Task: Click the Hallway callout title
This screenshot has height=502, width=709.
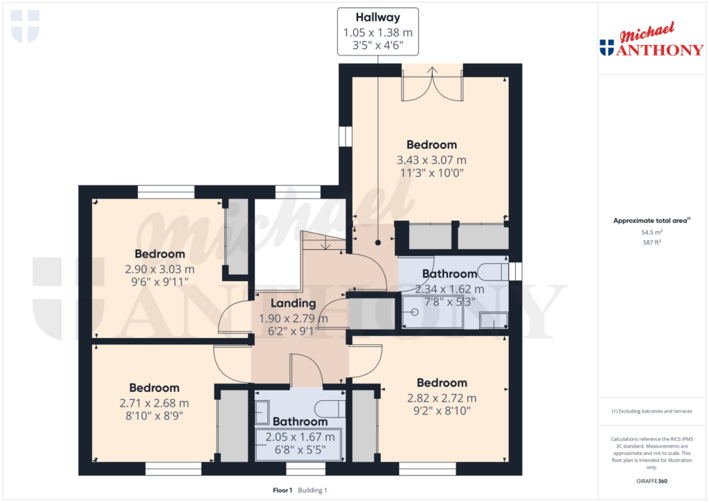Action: click(377, 17)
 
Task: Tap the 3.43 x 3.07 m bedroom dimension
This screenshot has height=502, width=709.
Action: click(431, 160)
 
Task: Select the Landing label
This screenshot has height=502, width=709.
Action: click(293, 303)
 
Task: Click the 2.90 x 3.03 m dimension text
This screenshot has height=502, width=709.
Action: click(160, 269)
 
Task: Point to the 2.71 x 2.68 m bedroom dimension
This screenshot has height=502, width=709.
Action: click(154, 403)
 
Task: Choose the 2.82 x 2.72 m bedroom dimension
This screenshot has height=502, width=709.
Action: click(442, 398)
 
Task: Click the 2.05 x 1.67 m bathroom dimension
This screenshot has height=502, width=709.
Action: click(300, 437)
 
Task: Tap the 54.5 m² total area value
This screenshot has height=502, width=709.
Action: click(652, 233)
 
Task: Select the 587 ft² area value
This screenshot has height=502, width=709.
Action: click(652, 242)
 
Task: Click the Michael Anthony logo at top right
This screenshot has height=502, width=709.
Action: click(652, 39)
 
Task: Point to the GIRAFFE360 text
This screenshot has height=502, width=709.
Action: click(652, 481)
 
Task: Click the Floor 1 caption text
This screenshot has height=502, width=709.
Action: click(282, 490)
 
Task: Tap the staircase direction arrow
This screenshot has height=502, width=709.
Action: click(325, 244)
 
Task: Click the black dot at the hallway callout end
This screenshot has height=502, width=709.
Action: click(378, 243)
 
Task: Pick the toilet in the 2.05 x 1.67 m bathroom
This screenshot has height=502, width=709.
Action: click(330, 409)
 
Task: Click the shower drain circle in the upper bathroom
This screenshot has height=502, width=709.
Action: click(415, 312)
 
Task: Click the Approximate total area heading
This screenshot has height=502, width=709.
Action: click(652, 221)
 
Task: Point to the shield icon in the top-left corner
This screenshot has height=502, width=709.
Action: click(26, 27)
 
